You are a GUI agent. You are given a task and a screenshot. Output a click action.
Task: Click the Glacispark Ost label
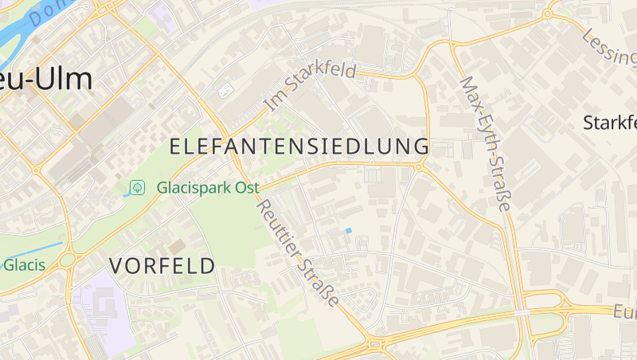pyautogui.click(x=208, y=188)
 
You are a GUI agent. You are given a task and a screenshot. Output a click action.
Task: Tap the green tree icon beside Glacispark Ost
pyautogui.click(x=137, y=187)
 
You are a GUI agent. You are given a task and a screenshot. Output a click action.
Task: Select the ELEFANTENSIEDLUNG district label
pyautogui.click(x=299, y=147)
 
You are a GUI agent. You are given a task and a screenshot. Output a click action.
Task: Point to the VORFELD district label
pyautogui.click(x=162, y=266)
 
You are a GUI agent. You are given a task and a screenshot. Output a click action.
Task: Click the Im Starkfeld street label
pyautogui.click(x=311, y=86)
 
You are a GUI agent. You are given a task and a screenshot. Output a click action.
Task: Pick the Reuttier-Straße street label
pyautogui.click(x=297, y=252)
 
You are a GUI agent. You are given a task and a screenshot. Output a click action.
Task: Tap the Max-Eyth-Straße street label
pyautogui.click(x=485, y=143)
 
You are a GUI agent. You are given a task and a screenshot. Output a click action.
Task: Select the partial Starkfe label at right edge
pyautogui.click(x=610, y=123)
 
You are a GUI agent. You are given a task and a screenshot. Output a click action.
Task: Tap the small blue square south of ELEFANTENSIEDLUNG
pyautogui.click(x=348, y=231)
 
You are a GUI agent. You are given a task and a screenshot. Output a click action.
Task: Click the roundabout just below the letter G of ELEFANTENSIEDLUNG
pyautogui.click(x=419, y=166)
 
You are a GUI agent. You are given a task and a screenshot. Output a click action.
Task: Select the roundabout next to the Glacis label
pyautogui.click(x=67, y=260)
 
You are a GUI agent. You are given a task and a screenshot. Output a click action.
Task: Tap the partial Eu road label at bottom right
pyautogui.click(x=626, y=314)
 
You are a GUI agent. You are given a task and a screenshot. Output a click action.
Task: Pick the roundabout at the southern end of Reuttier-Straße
pyautogui.click(x=373, y=344)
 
